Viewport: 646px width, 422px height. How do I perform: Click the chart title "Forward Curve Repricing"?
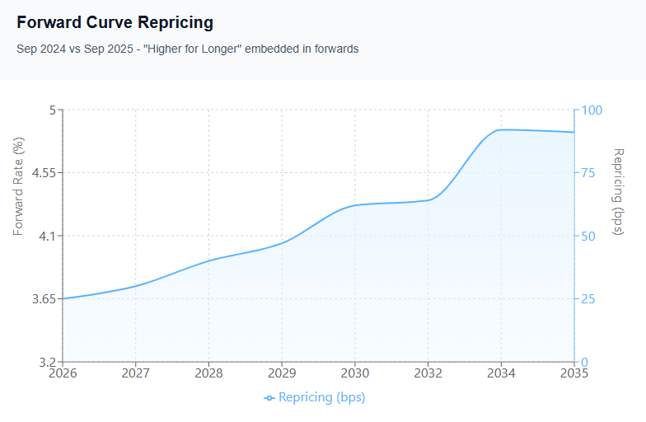pos(115,23)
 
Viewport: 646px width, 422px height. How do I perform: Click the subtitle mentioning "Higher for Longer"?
pos(187,49)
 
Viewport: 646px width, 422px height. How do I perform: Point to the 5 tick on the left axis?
pos(52,110)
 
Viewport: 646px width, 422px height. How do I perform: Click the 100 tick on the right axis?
pos(593,110)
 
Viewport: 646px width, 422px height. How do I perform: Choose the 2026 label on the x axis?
pos(63,373)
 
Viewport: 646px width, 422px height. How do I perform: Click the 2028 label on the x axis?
pos(208,373)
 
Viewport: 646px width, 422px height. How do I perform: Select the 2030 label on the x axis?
pos(355,373)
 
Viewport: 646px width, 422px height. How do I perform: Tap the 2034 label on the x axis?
pos(501,373)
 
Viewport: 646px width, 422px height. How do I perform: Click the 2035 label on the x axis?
pos(573,373)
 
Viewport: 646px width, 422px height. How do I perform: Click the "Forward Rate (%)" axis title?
pos(18,185)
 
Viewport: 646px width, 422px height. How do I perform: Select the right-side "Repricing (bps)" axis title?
pos(619,191)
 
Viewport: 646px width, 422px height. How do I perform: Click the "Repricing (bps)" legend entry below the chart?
pos(315,397)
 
